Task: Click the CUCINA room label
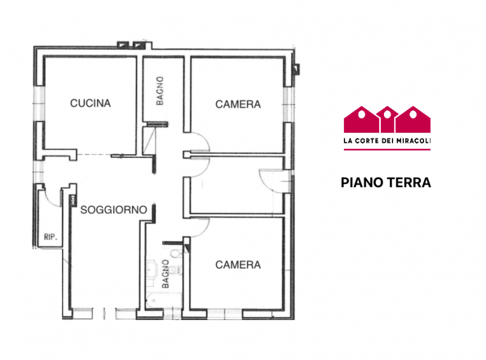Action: pyautogui.click(x=90, y=103)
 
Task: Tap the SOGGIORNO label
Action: pyautogui.click(x=114, y=209)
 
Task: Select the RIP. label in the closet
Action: pyautogui.click(x=50, y=237)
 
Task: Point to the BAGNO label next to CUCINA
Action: pyautogui.click(x=160, y=91)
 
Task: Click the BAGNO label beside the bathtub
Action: pyautogui.click(x=165, y=274)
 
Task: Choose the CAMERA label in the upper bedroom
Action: pyautogui.click(x=238, y=104)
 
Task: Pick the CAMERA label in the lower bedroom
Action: pyautogui.click(x=238, y=265)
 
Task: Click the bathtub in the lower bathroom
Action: pyautogui.click(x=163, y=301)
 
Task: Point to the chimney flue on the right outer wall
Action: pyautogui.click(x=296, y=69)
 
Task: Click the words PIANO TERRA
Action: pyautogui.click(x=386, y=183)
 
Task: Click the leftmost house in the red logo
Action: pyautogui.click(x=361, y=119)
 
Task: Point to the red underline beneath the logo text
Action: pyautogui.click(x=387, y=149)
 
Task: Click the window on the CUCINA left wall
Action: pyautogui.click(x=39, y=103)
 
